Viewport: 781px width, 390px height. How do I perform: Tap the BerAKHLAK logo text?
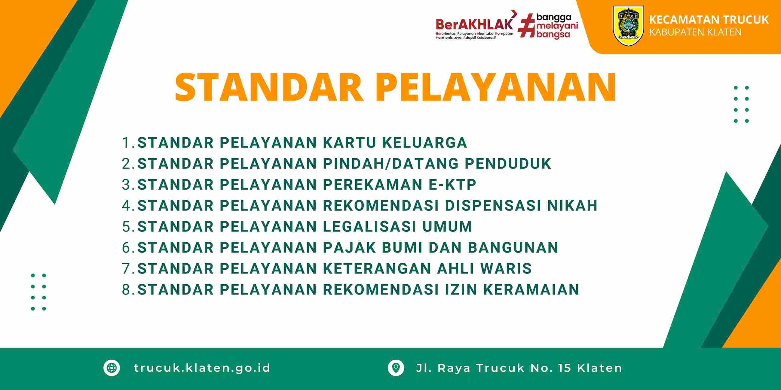475,23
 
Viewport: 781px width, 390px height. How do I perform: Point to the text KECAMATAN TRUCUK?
709,20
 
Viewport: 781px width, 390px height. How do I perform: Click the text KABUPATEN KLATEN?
695,32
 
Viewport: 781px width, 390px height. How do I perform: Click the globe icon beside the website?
112,368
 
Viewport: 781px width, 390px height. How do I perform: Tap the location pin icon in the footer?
396,368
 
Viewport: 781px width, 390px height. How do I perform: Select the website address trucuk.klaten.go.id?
202,368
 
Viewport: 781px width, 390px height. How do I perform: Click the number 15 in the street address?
564,368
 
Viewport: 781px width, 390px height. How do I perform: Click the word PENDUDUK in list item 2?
508,164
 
